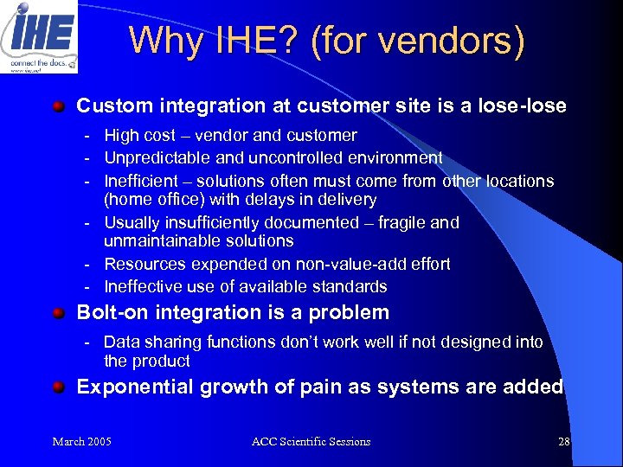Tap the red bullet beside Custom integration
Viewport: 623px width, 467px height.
point(58,106)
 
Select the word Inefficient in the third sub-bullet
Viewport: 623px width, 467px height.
point(141,182)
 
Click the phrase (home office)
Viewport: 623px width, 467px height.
point(155,200)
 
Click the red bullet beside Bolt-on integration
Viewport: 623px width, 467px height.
point(58,313)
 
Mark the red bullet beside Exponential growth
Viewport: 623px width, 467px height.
point(58,387)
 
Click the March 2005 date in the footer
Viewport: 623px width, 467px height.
point(81,442)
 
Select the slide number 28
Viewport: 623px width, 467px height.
point(564,442)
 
